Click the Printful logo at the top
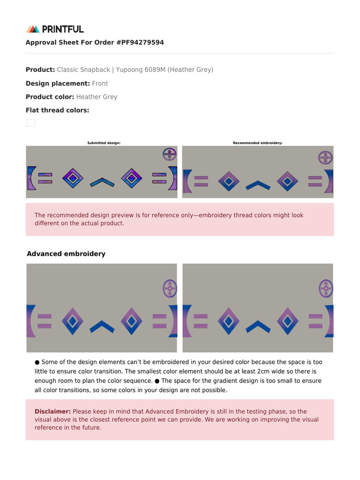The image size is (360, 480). tap(55, 29)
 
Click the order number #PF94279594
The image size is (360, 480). tap(139, 43)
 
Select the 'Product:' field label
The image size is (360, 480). tap(40, 70)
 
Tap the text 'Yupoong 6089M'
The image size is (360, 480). tap(141, 70)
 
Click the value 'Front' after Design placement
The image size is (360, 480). tap(100, 83)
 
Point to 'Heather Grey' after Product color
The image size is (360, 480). tap(97, 97)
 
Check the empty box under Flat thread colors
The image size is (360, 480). tap(30, 123)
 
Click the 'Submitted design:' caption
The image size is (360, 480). tap(104, 143)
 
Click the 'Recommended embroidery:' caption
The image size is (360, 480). tap(257, 143)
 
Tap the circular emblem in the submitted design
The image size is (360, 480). tap(169, 154)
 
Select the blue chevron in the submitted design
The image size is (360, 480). tap(102, 182)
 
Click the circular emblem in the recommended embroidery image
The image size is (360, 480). tap(325, 157)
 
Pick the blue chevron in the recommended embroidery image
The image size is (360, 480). tap(258, 185)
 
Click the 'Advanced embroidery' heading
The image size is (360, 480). tap(66, 254)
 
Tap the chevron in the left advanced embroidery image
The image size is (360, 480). tap(102, 326)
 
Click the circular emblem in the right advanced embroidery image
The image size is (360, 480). tap(325, 288)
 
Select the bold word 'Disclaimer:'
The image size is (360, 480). tap(52, 412)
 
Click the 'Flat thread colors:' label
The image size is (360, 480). tap(57, 111)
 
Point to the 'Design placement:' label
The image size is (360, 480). tap(58, 83)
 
